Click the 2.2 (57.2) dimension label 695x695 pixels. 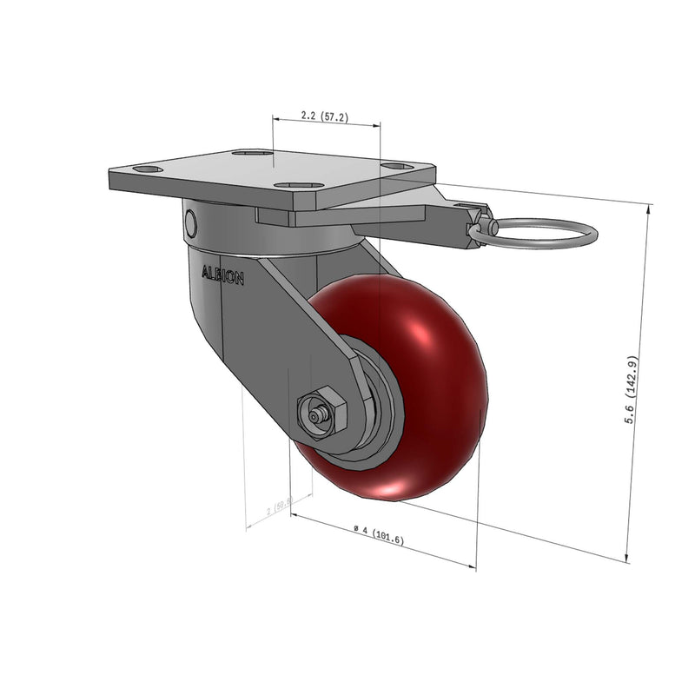[324, 116]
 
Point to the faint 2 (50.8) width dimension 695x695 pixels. [281, 505]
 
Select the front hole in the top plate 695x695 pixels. [287, 184]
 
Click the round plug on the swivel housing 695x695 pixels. [190, 224]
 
